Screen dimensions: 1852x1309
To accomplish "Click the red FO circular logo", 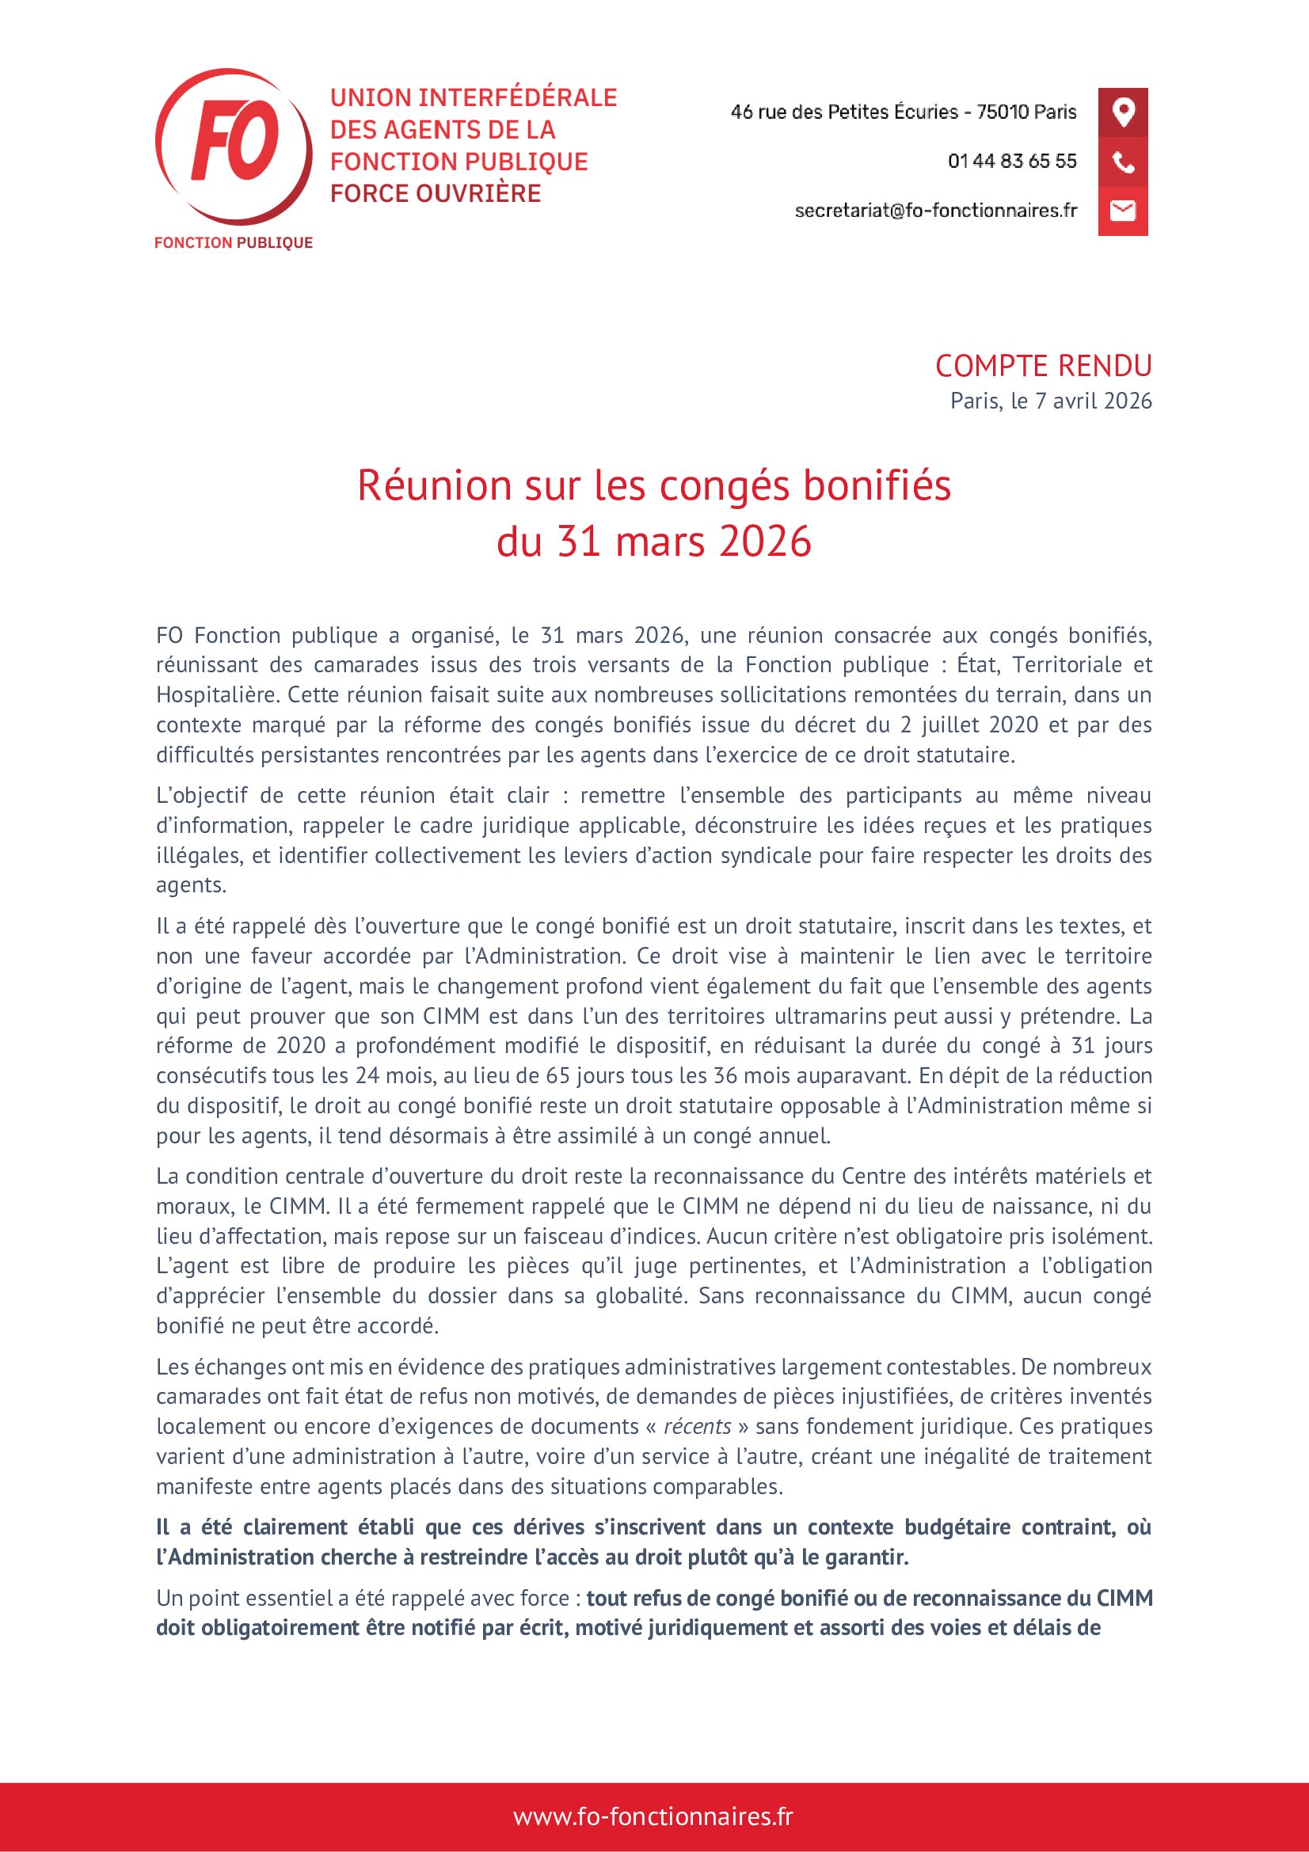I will (x=233, y=145).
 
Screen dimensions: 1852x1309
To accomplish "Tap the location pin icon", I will (x=1123, y=112).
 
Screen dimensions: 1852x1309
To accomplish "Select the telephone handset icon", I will (x=1123, y=162).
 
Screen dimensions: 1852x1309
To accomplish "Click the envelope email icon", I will (x=1123, y=211).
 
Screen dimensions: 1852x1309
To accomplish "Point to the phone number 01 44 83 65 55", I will (x=1012, y=162).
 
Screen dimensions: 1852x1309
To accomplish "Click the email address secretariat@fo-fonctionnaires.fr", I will (x=935, y=211).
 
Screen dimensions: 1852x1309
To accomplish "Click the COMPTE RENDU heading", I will (x=1043, y=367).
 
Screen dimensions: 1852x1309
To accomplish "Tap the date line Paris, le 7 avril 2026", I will (x=1051, y=401).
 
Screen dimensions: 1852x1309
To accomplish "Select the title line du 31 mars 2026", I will (x=654, y=541).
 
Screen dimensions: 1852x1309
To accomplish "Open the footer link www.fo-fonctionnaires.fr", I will (x=653, y=1816).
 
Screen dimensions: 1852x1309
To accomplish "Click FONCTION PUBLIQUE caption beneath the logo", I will (x=233, y=243).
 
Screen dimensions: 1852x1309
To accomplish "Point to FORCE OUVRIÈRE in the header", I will (x=436, y=193).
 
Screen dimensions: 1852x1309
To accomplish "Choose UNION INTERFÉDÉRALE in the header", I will (x=474, y=97).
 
